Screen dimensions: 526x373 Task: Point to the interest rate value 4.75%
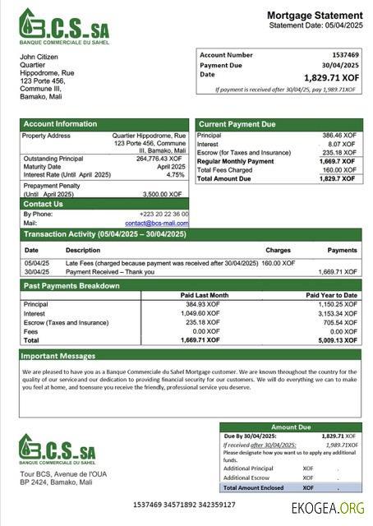pos(175,174)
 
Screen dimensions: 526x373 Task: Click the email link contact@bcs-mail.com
pos(156,223)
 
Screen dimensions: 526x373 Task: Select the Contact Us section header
pos(43,204)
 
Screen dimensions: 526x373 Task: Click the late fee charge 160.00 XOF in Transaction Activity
pos(278,263)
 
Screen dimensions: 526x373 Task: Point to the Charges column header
pos(278,250)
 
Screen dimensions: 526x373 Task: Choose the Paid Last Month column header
pos(204,295)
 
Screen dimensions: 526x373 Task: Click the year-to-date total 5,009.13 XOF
pos(338,339)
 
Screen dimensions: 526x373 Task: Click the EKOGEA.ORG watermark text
pos(327,508)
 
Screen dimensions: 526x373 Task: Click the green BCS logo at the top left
pos(63,25)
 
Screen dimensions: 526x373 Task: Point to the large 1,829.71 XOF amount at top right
pos(332,77)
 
